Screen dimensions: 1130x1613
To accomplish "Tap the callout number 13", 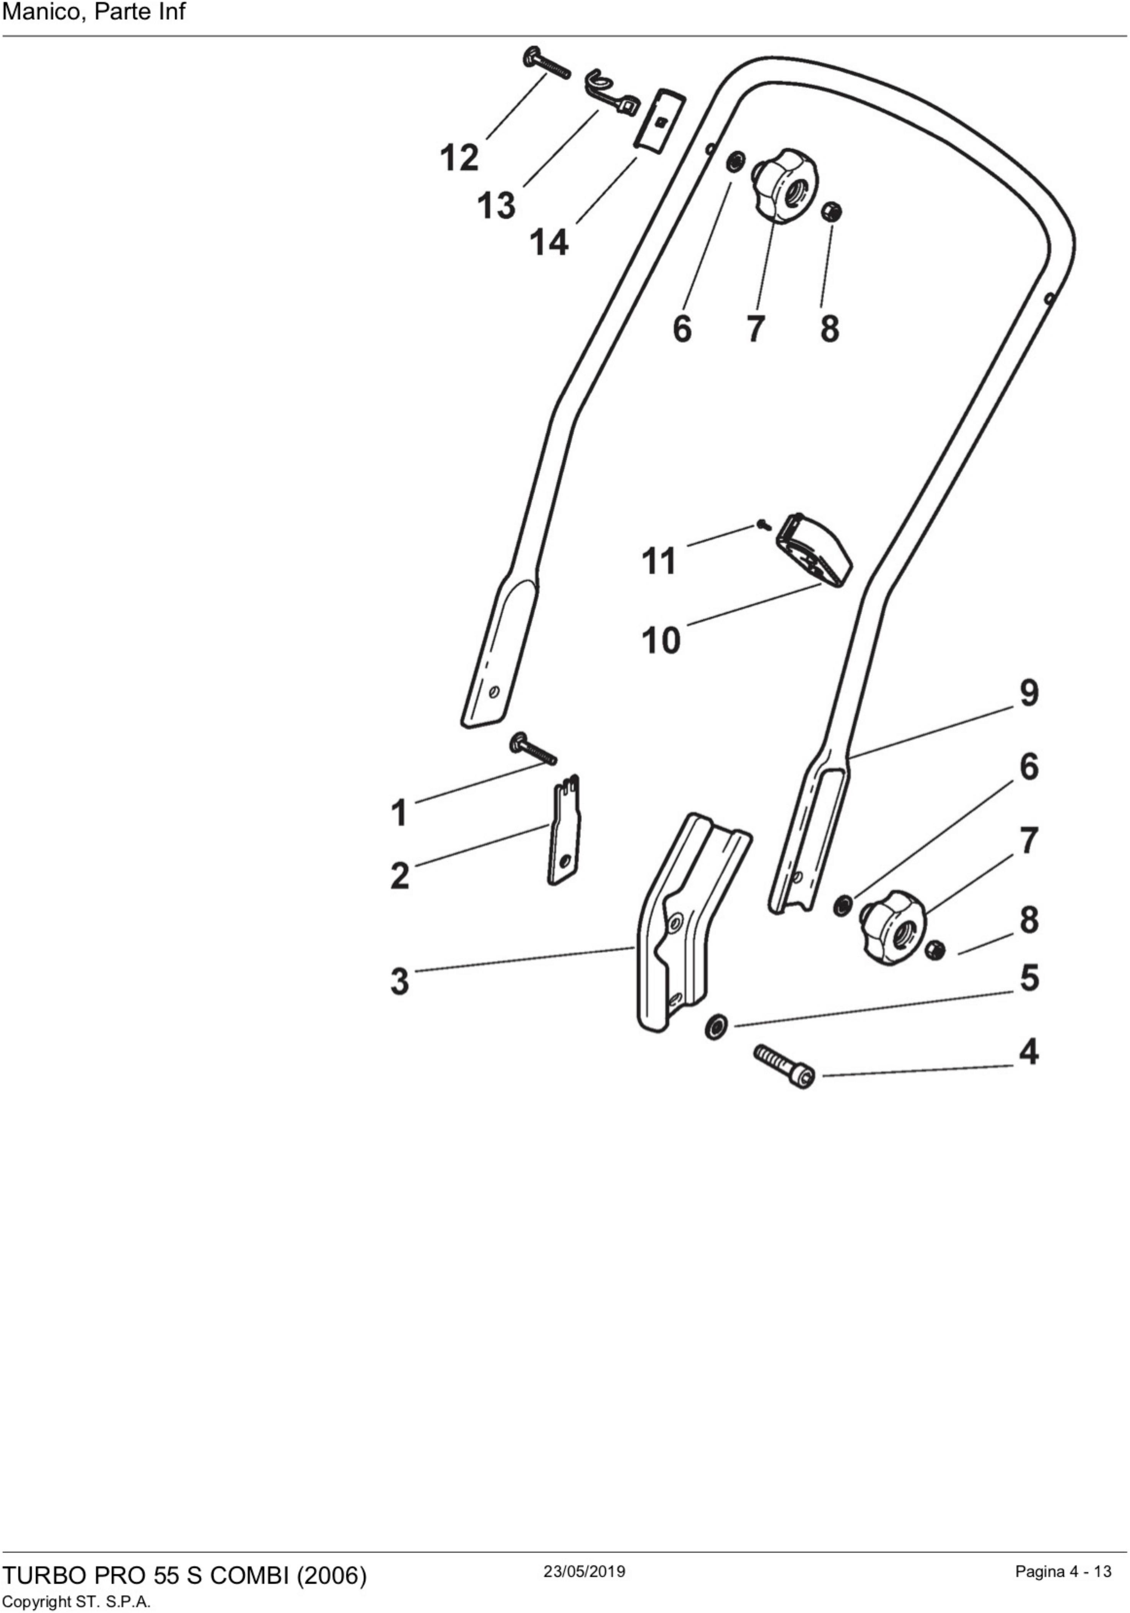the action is pyautogui.click(x=497, y=206).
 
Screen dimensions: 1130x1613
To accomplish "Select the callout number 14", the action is pyautogui.click(x=549, y=243).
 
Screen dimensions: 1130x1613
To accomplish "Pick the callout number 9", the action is pyautogui.click(x=1029, y=693).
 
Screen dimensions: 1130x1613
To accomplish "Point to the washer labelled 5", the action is pyautogui.click(x=715, y=1028).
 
